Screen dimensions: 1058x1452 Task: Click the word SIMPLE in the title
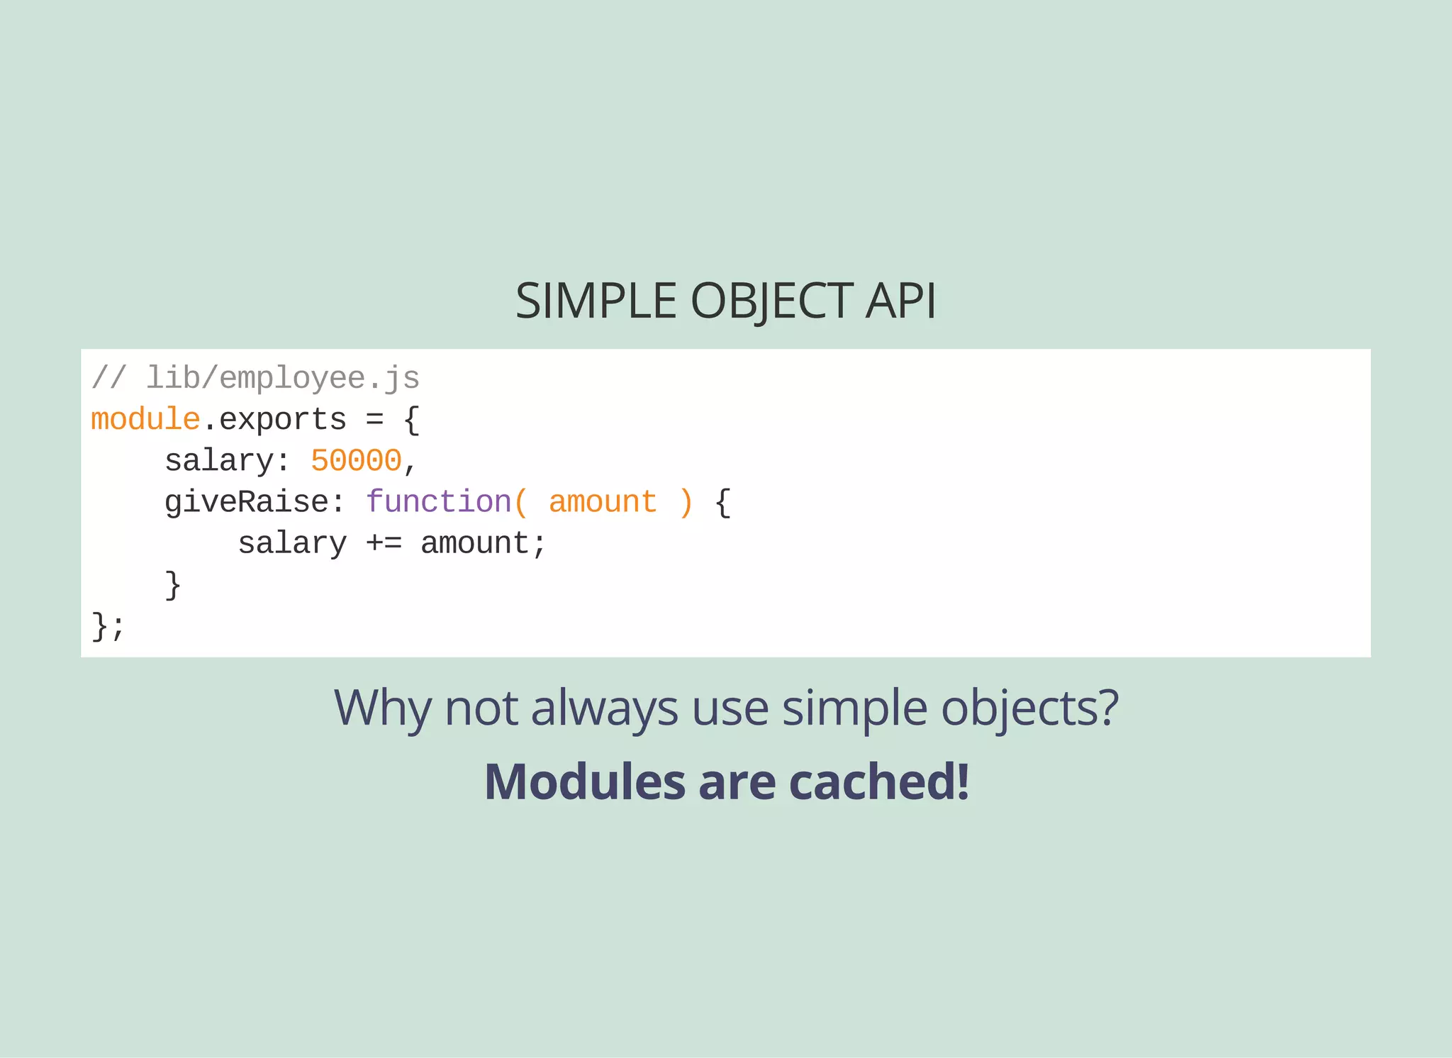pos(596,301)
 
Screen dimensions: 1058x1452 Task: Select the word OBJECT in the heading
pos(772,301)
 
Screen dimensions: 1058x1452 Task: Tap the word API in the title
pos(900,301)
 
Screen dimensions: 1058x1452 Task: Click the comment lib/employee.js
pos(282,378)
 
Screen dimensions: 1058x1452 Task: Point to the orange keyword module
pos(145,419)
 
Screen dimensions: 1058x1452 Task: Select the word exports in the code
pos(283,419)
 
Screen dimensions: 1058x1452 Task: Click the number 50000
pos(356,460)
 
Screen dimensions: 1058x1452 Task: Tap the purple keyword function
pos(439,501)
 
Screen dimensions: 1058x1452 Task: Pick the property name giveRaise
pos(247,501)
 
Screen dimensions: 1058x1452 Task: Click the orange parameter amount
pos(603,501)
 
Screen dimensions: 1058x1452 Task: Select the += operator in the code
pos(384,543)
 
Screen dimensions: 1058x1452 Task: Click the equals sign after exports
pos(374,419)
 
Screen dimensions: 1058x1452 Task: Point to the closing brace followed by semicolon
pos(108,626)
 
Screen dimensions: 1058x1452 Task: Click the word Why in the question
pos(382,708)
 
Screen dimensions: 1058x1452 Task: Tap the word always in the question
pos(604,708)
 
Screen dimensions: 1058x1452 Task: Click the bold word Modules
pos(584,781)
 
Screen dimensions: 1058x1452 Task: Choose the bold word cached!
pos(878,781)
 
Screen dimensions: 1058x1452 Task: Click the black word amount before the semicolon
pos(474,543)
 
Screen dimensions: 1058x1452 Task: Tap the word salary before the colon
pos(218,460)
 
